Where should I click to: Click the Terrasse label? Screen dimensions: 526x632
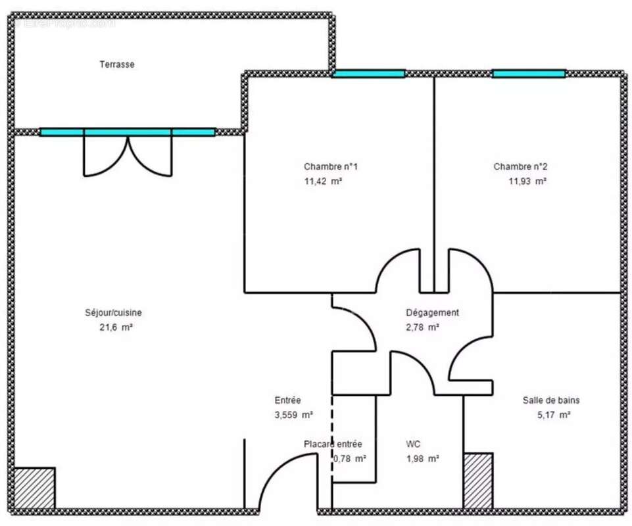117,64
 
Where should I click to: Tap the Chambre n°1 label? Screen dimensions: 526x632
330,166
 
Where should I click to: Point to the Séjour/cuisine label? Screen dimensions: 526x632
113,313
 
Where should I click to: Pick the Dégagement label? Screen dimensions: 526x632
432,313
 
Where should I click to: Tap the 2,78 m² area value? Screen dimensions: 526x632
423,327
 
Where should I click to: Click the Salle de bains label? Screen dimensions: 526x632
551,400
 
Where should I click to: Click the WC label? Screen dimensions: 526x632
413,444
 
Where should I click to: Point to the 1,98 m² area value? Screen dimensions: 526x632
423,459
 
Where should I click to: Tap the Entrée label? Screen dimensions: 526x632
287,400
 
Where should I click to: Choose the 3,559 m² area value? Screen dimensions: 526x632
293,415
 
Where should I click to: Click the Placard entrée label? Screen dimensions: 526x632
333,444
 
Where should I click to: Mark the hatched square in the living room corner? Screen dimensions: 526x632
34,488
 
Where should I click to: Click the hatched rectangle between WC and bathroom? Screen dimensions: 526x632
478,480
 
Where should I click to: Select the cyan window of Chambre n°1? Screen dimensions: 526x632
368,74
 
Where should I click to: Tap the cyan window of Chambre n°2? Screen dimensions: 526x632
529,74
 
